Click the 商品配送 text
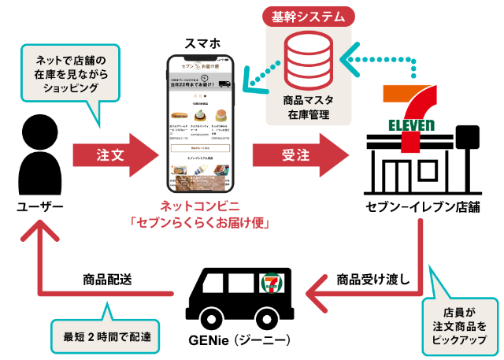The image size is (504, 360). (107, 279)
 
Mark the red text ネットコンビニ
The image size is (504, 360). (201, 206)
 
